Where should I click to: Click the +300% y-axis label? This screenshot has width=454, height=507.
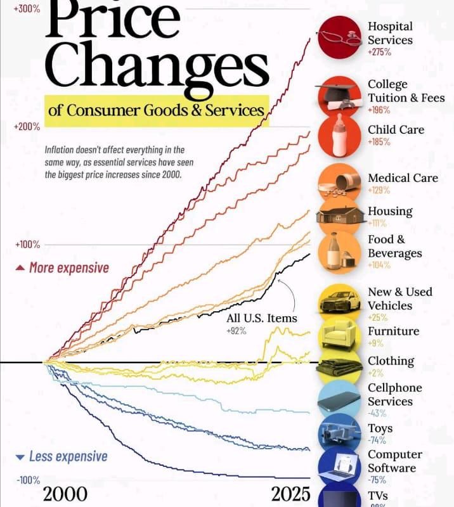27,9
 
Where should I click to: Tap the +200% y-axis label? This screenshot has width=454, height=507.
27,127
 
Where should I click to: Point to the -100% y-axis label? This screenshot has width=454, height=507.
28,480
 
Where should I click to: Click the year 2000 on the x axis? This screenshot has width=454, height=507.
65,494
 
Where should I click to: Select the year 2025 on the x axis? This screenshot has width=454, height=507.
291,494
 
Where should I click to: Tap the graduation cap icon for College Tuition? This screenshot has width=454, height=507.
340,95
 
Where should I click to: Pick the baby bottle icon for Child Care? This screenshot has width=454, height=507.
340,134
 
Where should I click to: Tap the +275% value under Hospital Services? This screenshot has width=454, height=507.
379,52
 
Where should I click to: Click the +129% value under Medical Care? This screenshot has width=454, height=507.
379,190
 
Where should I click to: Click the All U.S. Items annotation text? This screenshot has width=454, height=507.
261,318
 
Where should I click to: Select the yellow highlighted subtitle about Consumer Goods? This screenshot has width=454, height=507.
156,110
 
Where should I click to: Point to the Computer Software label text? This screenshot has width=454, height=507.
394,461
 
